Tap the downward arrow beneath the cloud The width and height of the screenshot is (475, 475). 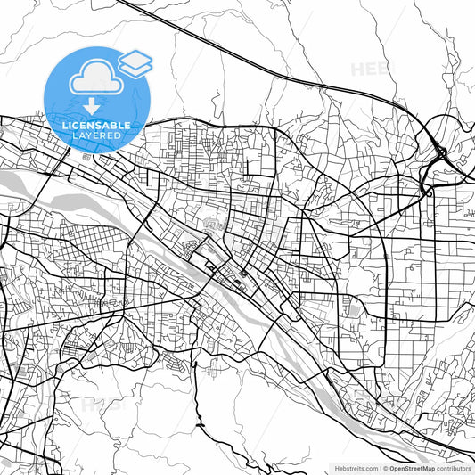tap(94, 106)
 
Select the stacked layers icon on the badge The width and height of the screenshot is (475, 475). tap(135, 61)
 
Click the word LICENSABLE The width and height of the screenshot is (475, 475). tap(96, 126)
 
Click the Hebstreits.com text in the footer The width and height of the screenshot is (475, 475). tap(356, 467)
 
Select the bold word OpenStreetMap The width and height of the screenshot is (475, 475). tap(416, 467)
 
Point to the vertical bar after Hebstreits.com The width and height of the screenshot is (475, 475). tap(381, 467)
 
